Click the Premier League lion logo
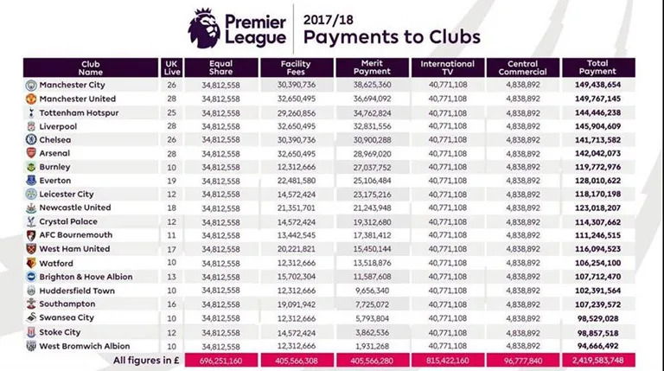coord(205,28)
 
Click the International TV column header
coord(447,68)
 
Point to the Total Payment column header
coord(597,68)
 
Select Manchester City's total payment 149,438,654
coord(597,86)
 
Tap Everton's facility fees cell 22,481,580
coord(297,180)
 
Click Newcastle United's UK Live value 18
coord(171,207)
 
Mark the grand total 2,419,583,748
coord(597,359)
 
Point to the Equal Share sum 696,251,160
coord(221,359)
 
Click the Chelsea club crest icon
coord(31,140)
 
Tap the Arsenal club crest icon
coord(31,153)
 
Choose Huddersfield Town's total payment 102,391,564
coord(597,291)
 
